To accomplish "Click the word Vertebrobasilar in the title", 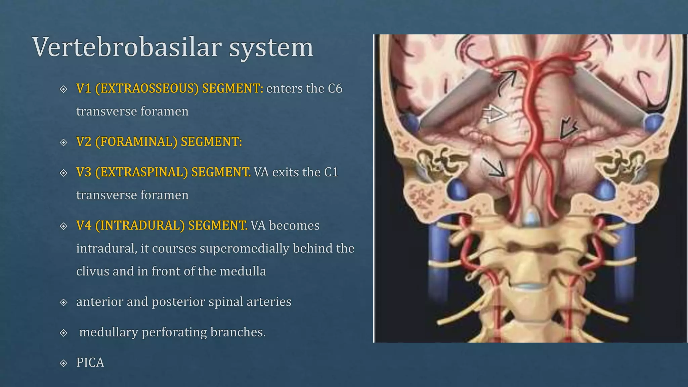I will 127,47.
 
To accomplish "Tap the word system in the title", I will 271,48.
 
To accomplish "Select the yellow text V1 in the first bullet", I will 84,88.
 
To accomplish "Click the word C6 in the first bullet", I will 335,88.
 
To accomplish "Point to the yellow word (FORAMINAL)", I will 136,142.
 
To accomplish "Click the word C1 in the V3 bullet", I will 331,172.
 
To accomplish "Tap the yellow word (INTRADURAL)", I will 139,225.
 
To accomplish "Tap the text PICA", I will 90,362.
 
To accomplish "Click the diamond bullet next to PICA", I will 63,363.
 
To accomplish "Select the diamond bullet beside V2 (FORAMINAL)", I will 63,142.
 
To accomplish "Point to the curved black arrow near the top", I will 507,82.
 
